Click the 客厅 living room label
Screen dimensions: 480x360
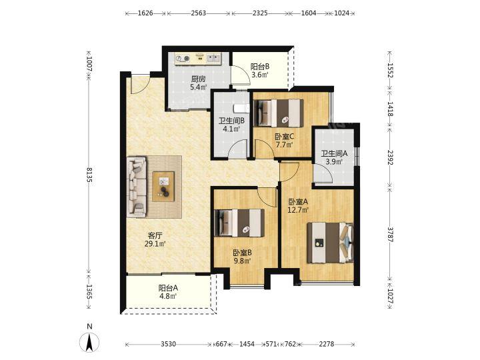(155, 235)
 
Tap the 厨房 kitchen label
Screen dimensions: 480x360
(198, 79)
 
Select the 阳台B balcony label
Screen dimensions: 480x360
(260, 67)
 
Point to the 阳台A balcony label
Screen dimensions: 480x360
(168, 288)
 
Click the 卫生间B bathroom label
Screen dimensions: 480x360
(231, 121)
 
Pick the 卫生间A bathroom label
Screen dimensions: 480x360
(334, 153)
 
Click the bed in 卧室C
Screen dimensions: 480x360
(279, 113)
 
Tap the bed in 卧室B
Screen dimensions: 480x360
(240, 223)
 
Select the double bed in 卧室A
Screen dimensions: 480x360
(331, 243)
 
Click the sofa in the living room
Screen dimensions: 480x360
(137, 187)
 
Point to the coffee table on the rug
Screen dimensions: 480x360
(163, 187)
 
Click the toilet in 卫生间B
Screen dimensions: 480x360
(241, 109)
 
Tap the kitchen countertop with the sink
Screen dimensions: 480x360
(198, 59)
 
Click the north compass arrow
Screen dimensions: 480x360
(89, 342)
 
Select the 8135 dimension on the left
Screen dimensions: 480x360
(89, 175)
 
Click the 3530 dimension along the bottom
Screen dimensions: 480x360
(169, 344)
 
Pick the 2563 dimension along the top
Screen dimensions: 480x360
(199, 13)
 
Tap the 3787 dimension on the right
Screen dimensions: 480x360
(390, 234)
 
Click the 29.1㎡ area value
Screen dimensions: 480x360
(155, 244)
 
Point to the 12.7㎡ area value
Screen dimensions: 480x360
(298, 210)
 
